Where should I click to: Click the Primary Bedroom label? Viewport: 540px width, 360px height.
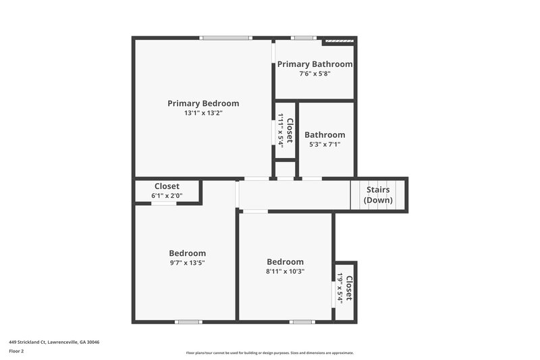(203, 103)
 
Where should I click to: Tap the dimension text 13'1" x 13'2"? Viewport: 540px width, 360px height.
(203, 113)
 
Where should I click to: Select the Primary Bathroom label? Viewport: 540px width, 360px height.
(315, 64)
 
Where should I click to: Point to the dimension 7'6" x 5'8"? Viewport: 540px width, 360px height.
(315, 74)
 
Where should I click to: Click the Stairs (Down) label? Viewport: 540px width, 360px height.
(378, 195)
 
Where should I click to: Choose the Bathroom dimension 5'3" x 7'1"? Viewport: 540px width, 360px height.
(325, 144)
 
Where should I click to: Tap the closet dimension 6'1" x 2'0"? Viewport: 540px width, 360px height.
(167, 196)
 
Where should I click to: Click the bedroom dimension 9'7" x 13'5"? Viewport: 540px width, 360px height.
(187, 263)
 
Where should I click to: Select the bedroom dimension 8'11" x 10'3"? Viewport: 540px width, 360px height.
(285, 272)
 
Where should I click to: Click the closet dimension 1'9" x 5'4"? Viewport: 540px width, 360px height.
(340, 288)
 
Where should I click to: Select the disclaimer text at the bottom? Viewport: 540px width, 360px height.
(269, 353)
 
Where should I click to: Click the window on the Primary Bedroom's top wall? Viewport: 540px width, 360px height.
(226, 38)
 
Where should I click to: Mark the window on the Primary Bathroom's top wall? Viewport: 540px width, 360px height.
(302, 38)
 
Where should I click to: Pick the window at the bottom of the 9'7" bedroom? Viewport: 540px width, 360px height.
(188, 322)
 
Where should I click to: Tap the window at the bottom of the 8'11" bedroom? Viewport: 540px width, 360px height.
(302, 322)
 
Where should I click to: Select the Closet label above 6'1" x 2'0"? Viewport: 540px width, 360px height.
(167, 186)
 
